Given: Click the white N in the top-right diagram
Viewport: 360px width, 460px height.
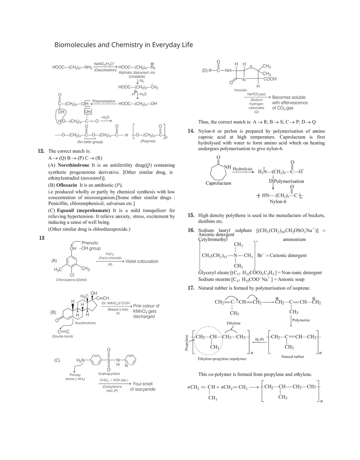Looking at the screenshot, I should pos(244,79).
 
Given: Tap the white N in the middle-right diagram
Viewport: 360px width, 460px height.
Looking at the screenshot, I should pos(225,167).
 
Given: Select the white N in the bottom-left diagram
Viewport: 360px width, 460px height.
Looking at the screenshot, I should pos(127,366).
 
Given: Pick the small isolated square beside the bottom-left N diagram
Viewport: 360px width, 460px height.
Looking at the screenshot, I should pos(59,362).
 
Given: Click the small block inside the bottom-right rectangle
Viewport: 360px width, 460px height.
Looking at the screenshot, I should pos(289,347).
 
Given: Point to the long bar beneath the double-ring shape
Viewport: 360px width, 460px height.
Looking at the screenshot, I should pos(254,375).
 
